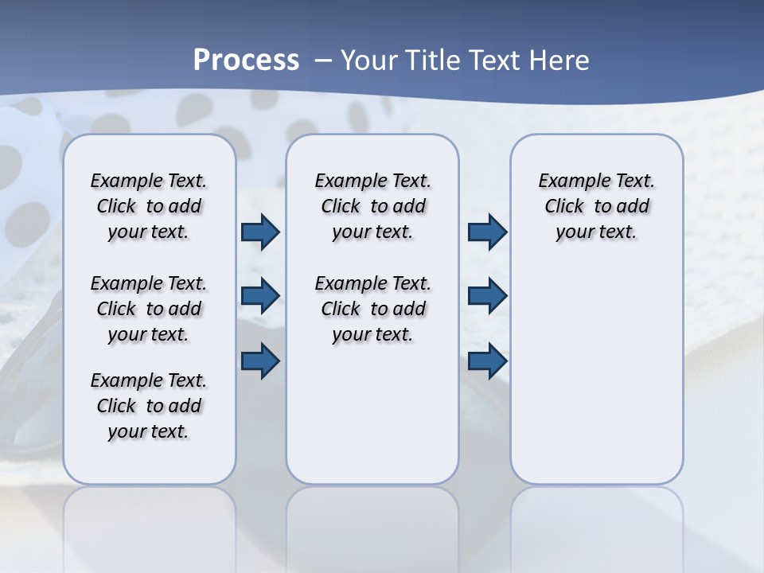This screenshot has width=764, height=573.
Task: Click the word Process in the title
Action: (246, 60)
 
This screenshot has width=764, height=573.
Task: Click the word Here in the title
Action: (561, 60)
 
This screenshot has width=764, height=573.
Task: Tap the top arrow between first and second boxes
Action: (260, 232)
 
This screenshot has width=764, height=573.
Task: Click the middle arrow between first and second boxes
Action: (260, 296)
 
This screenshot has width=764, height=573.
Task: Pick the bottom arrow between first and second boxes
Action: (260, 361)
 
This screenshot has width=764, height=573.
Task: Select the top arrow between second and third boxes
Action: (487, 232)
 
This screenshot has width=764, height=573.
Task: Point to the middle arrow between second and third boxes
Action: (487, 296)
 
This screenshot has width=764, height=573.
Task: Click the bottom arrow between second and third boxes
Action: (487, 361)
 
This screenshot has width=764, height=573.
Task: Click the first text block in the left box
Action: (149, 206)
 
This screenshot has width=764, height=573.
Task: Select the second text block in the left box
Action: (149, 309)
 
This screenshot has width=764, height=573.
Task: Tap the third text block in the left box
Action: (149, 406)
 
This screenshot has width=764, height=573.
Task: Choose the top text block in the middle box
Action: (373, 206)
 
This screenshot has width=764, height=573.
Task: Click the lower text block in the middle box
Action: (373, 309)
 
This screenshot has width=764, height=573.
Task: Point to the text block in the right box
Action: (597, 206)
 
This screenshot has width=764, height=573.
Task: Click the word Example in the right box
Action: (571, 181)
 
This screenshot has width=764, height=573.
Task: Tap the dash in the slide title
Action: (323, 60)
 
